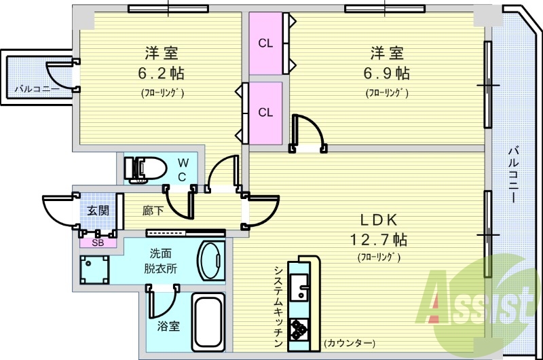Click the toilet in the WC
(x=145, y=169)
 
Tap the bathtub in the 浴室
(x=208, y=322)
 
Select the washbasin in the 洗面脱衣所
(x=210, y=261)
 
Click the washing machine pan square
(x=94, y=270)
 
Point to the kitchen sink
(x=299, y=287)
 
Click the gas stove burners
(x=298, y=329)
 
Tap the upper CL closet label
(x=265, y=43)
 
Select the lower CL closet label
(x=265, y=112)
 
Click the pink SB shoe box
(x=98, y=243)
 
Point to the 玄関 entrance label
(x=98, y=211)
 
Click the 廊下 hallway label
(x=153, y=211)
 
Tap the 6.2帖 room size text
(x=161, y=73)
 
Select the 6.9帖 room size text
(x=386, y=73)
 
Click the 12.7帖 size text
(x=379, y=239)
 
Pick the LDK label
(x=379, y=219)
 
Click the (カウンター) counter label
(x=350, y=343)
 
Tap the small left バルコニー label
(x=37, y=89)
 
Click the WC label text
(x=183, y=170)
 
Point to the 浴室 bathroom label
(x=168, y=325)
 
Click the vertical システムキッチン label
(x=278, y=306)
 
